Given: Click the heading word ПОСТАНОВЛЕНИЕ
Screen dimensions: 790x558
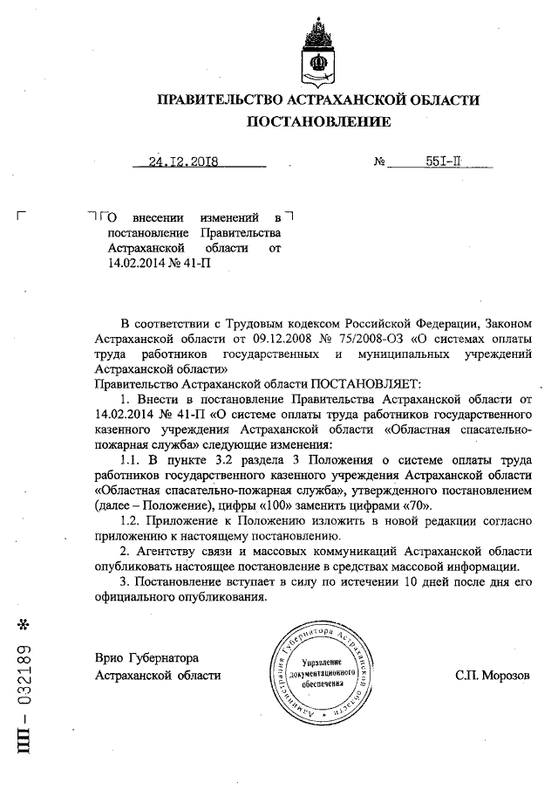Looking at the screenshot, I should (x=318, y=121).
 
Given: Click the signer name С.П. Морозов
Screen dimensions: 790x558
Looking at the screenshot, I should (x=492, y=676).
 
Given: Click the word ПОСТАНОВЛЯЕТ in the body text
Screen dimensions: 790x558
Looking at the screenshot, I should (x=365, y=383).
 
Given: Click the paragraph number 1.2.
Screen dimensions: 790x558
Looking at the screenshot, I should (x=132, y=520).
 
